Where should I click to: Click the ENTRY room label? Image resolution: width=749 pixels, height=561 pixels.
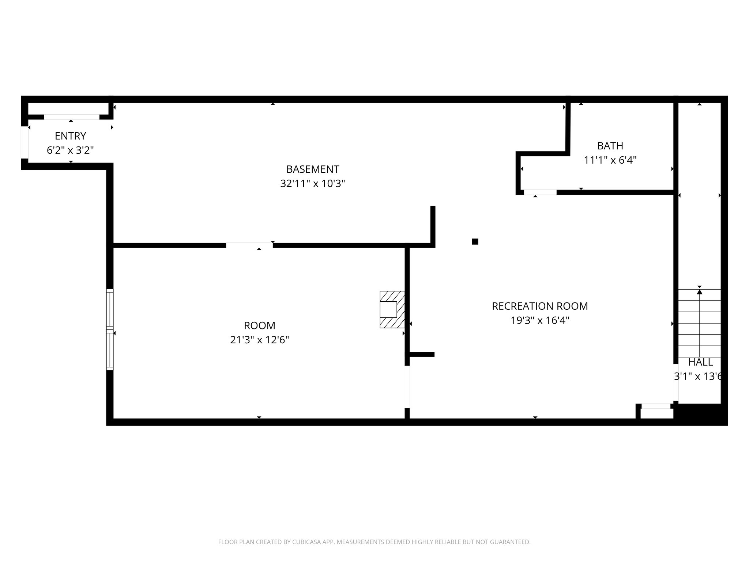[x=70, y=136]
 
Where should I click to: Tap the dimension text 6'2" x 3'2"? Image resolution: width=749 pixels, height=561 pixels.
[x=70, y=150]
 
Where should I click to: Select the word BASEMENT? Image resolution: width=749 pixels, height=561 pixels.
[x=312, y=169]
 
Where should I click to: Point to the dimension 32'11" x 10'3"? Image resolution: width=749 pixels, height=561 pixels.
[x=312, y=183]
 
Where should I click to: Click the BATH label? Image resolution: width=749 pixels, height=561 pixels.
[x=610, y=146]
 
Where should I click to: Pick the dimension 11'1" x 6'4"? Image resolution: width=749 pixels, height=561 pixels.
[x=610, y=160]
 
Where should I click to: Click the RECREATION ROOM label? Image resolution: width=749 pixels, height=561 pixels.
[x=540, y=306]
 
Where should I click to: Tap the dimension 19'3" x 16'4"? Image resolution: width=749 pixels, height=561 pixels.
[x=540, y=320]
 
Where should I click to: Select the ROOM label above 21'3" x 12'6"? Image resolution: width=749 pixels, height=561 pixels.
[x=259, y=325]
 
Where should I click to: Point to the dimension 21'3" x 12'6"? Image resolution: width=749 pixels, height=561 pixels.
[x=259, y=340]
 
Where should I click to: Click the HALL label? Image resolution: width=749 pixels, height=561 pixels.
[x=700, y=362]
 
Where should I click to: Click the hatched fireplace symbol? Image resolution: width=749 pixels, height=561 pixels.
[x=392, y=309]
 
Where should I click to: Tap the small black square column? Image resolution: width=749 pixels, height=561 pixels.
[x=475, y=241]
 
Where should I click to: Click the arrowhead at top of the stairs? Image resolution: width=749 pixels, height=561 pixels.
[x=700, y=292]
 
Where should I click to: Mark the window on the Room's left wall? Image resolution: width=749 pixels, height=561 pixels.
[x=110, y=329]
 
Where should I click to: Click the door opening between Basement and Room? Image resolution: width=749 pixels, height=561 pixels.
[x=249, y=245]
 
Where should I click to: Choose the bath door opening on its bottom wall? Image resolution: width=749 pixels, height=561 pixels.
[x=540, y=192]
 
